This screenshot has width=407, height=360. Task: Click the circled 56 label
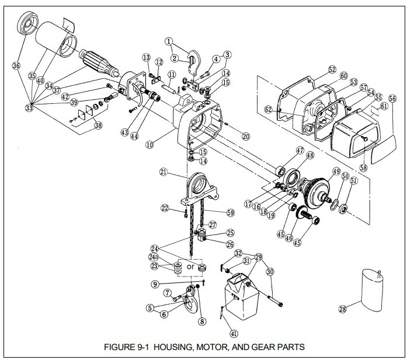(392, 99)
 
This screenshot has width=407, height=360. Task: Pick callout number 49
(336, 172)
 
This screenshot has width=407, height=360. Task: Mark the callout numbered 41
(234, 333)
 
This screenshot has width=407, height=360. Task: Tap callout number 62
(267, 109)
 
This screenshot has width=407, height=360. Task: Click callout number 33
(29, 107)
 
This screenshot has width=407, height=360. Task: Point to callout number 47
(300, 151)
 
